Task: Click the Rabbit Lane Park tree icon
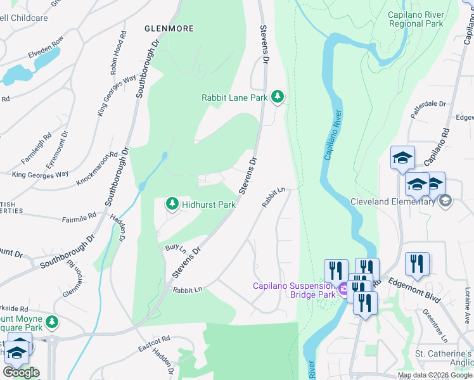coord(277,97)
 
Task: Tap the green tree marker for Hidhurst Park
coord(171,204)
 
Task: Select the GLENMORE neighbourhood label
coord(169,28)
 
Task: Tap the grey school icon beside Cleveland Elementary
coord(445,201)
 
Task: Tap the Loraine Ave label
coord(467,298)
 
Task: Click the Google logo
coord(21,372)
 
